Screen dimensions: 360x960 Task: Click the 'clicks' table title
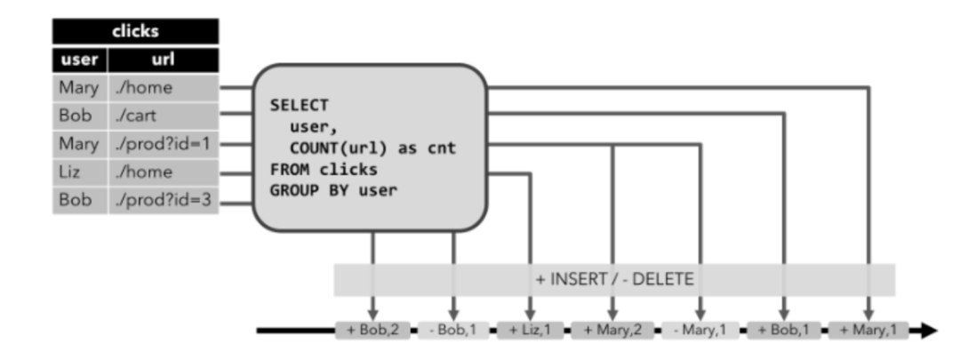coord(134,30)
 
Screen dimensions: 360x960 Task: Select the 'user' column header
coord(80,60)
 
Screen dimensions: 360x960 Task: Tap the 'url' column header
coord(164,60)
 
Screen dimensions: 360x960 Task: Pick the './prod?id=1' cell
coord(165,144)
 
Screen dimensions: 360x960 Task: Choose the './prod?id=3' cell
coord(165,201)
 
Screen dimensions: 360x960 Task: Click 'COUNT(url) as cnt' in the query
coord(372,148)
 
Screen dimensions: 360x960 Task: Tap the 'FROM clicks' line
coord(324,169)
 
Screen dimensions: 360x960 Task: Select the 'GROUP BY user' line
coord(333,190)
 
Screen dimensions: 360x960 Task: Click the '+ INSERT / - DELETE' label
coord(614,279)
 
